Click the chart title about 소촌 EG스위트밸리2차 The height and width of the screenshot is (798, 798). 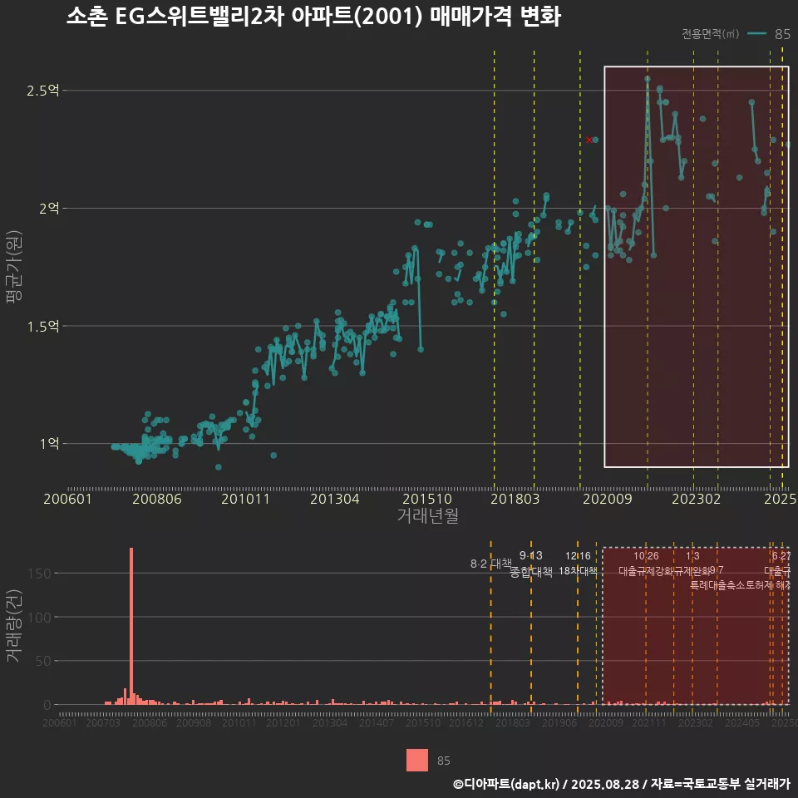313,17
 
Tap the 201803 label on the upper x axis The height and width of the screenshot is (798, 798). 515,500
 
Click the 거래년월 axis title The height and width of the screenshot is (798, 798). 427,517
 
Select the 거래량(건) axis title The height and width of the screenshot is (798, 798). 14,626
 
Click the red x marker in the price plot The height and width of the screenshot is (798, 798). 589,140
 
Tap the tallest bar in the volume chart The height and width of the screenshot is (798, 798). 131,625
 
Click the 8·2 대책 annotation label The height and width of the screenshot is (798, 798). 490,564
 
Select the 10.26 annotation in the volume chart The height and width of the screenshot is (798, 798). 646,556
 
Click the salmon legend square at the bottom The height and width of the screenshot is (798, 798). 417,761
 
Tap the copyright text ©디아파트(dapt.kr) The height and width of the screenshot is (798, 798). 506,784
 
